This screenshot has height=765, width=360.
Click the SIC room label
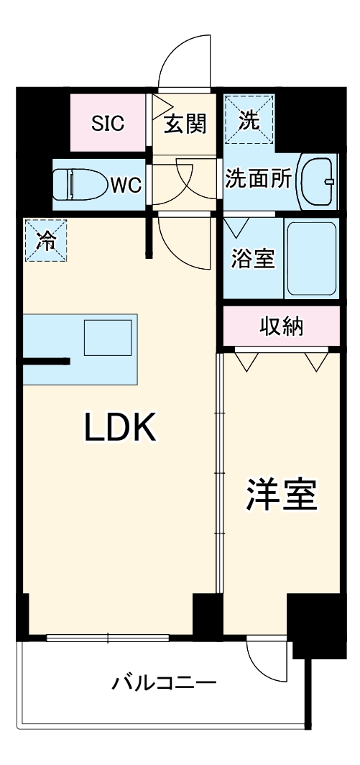tap(108, 123)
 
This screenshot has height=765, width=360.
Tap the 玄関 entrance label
tap(185, 124)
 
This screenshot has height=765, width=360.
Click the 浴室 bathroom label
tap(252, 259)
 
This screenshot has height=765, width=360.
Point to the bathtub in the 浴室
tap(311, 259)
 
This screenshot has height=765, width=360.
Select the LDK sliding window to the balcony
tap(108, 637)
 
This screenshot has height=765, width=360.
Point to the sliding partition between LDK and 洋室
tap(219, 489)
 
